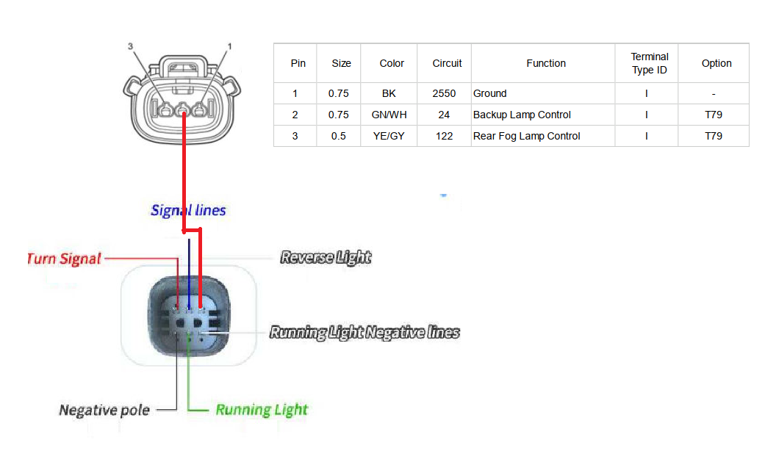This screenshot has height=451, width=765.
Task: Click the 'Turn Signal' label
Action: [x=64, y=259]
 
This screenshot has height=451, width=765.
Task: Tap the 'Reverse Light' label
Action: [x=326, y=257]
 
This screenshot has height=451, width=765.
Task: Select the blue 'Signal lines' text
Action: [x=188, y=210]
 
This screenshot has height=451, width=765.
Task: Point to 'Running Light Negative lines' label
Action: [x=364, y=332]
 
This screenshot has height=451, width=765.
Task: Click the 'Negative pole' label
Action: [x=104, y=410]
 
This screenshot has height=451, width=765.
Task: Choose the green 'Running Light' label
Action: [x=262, y=410]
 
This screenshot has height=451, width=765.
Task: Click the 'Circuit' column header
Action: [x=447, y=63]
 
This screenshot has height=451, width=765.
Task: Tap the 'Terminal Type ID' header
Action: [x=650, y=63]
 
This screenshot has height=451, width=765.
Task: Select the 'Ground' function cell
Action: [x=490, y=93]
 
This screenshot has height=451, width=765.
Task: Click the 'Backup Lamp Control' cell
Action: [x=522, y=115]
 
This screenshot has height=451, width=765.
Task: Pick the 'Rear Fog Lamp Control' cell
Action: [x=526, y=136]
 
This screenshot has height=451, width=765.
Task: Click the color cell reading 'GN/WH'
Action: [x=389, y=115]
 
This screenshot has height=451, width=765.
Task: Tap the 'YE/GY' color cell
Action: [x=389, y=136]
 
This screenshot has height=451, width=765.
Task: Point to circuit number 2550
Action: [x=444, y=93]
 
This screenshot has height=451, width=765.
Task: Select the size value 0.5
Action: [x=339, y=136]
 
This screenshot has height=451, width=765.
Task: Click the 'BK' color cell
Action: [x=389, y=93]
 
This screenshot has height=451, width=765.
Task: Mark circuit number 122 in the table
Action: [x=444, y=136]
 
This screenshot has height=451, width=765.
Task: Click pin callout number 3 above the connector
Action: [x=131, y=46]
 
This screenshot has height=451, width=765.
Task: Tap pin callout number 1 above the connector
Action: [x=229, y=46]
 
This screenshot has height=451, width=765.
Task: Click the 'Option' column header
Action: [x=716, y=63]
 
